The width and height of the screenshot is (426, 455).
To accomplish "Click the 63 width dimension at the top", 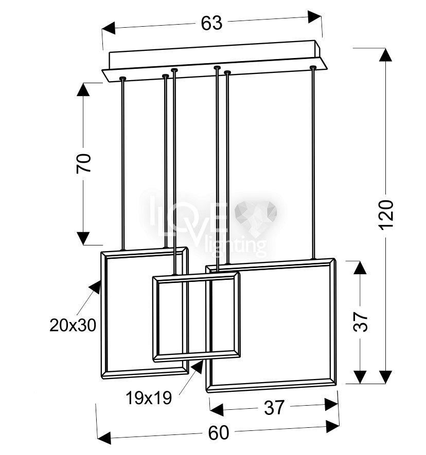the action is (x=211, y=23).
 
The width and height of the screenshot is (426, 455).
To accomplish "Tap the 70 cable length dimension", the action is (x=84, y=163).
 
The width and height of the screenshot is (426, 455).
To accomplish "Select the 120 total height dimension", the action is (x=386, y=215).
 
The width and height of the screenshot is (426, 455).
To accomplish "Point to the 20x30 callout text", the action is (x=73, y=325).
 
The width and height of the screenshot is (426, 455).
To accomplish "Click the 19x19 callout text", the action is (x=149, y=398).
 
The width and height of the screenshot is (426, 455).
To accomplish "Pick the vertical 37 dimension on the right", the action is (x=360, y=322).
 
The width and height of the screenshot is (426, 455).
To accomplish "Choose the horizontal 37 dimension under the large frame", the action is (x=274, y=407).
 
